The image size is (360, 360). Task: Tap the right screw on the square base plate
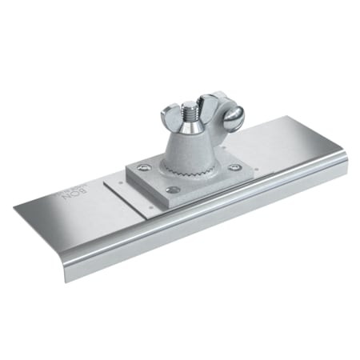(234, 167)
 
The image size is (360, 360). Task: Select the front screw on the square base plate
(172, 190)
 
